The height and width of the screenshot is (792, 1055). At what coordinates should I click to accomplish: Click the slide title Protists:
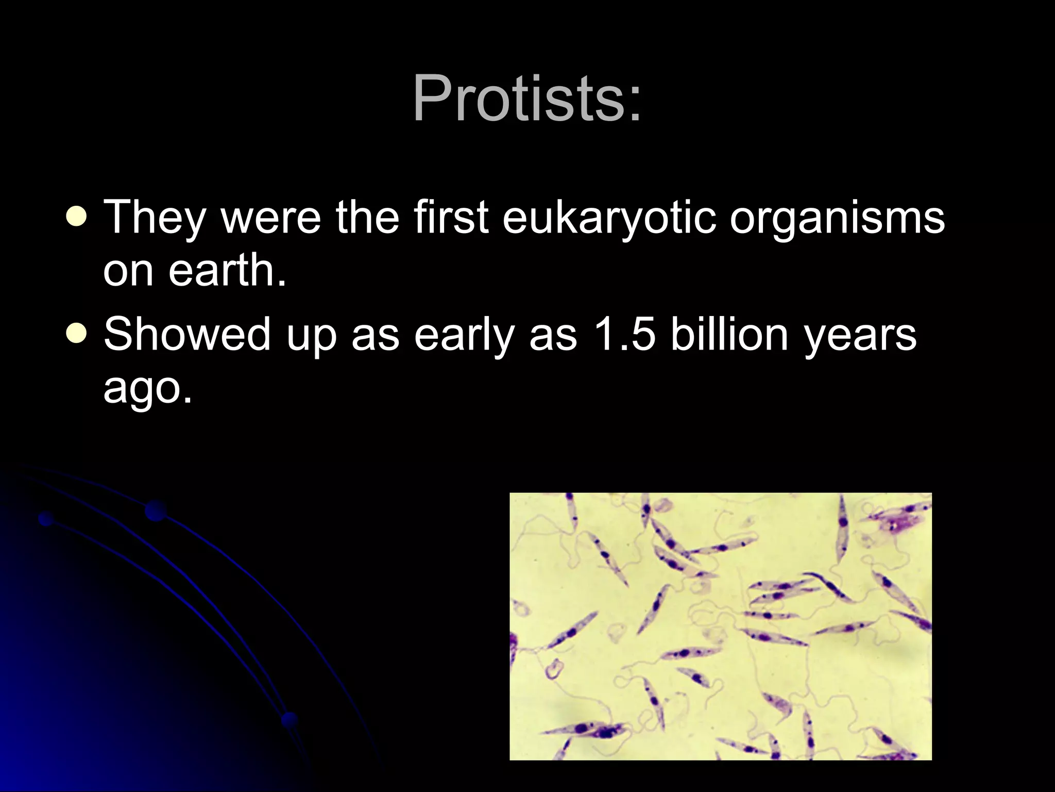527,98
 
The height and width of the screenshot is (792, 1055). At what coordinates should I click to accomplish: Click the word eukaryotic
609,218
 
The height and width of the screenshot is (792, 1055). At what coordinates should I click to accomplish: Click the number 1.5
624,334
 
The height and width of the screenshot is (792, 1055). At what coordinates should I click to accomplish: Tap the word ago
147,388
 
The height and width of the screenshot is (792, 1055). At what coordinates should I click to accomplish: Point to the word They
155,218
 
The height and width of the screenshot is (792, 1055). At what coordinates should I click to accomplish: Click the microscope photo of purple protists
720,626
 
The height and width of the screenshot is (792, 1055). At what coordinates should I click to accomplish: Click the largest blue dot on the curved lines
156,510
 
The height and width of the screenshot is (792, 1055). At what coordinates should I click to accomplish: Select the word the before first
367,217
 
